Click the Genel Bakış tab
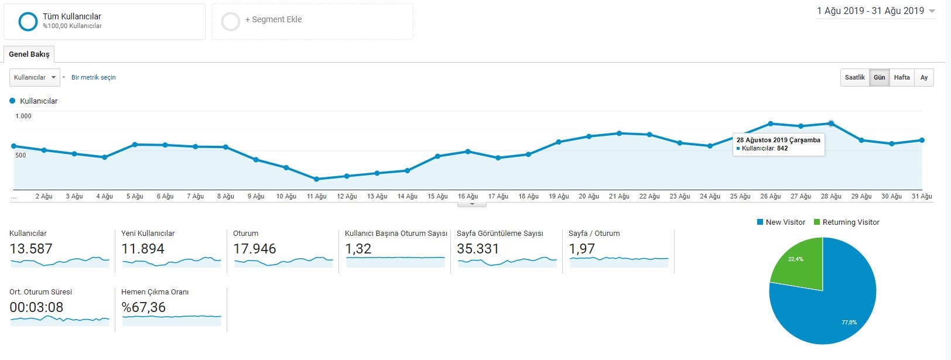(x=29, y=54)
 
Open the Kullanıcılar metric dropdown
(x=35, y=77)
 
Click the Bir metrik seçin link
(x=94, y=77)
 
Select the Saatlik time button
(x=854, y=77)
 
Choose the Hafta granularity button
(x=902, y=77)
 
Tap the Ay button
(x=924, y=77)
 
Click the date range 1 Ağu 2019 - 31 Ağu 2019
(x=870, y=11)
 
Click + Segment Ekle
(x=273, y=19)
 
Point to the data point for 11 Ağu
(x=316, y=179)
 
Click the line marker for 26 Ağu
(x=771, y=124)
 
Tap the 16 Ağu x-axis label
(x=468, y=196)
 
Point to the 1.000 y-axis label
(x=23, y=116)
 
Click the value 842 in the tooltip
(x=782, y=149)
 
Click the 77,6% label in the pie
(x=849, y=323)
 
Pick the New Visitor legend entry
(x=781, y=222)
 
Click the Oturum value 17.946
(x=254, y=249)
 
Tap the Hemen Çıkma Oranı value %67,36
(x=143, y=307)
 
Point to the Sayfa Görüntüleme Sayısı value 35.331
(x=478, y=249)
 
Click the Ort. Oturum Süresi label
(x=41, y=292)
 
